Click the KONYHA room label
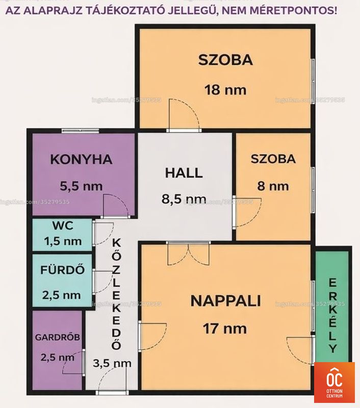point(81,159)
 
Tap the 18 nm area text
point(225,90)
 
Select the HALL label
point(184,173)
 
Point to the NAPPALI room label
point(225,301)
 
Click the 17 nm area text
point(225,328)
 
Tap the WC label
point(63,225)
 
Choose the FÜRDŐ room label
point(62,269)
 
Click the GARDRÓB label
point(58,337)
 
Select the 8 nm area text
point(273,186)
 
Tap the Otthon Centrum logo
point(334,382)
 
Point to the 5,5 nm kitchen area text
point(81,186)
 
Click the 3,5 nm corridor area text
point(112,363)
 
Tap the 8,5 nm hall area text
point(184,199)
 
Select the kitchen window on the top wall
point(80,131)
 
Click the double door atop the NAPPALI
point(188,253)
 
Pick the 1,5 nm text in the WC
point(63,241)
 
